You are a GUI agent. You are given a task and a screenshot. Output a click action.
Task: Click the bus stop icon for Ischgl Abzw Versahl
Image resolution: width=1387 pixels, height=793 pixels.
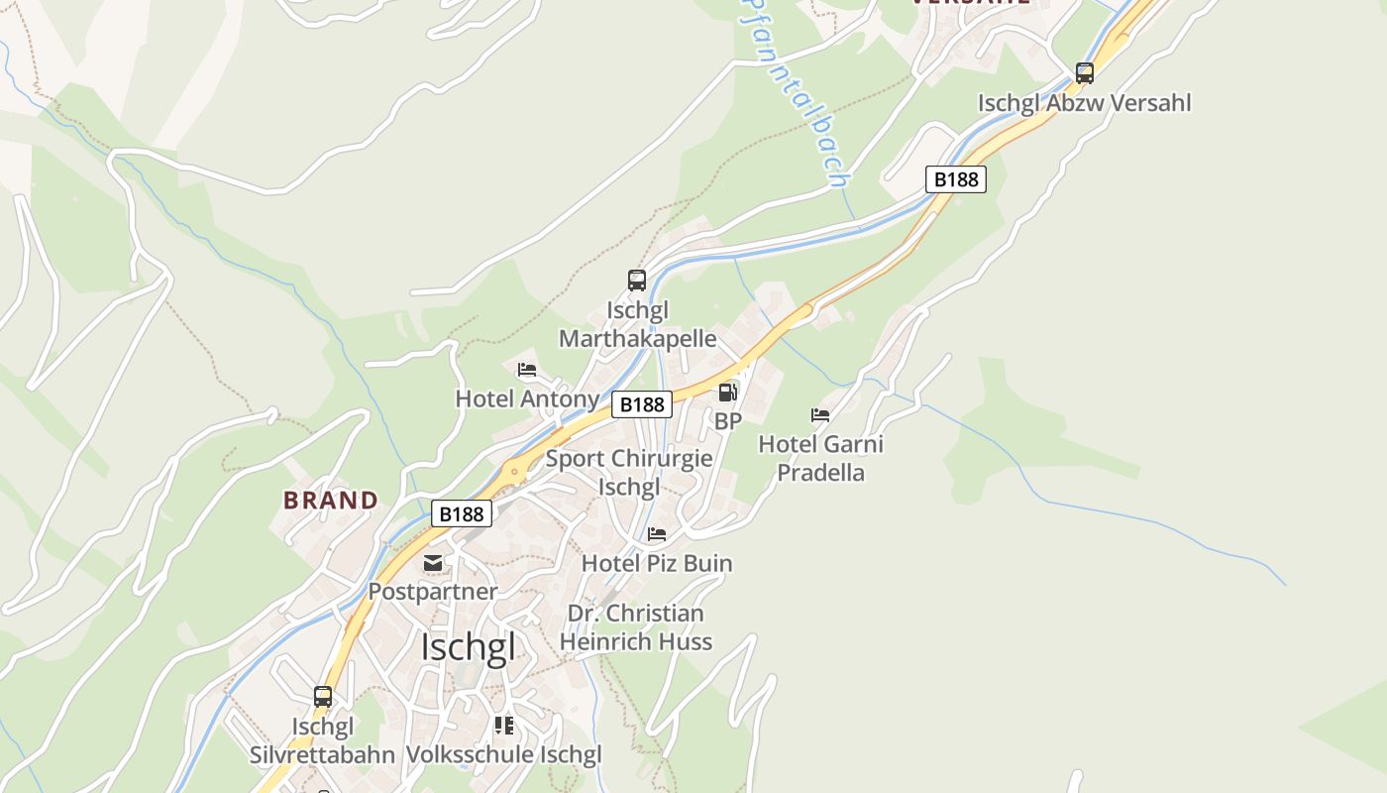[x=1085, y=72]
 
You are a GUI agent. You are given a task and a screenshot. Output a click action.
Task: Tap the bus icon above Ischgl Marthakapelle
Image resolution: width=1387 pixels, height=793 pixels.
[x=637, y=281]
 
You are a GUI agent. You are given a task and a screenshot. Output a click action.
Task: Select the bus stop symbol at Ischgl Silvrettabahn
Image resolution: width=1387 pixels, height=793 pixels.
[x=323, y=697]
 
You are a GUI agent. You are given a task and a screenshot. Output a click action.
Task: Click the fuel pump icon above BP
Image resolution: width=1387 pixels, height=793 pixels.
[x=728, y=393]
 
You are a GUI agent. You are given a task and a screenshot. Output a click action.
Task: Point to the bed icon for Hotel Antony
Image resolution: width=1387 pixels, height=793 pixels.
[x=527, y=370]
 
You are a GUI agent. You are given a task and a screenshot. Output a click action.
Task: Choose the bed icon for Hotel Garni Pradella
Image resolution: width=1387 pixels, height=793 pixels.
[x=820, y=414]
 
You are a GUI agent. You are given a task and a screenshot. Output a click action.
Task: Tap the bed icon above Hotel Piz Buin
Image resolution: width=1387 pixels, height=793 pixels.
[x=657, y=534]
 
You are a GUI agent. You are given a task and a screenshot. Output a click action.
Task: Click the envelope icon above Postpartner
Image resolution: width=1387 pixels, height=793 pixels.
[x=433, y=563]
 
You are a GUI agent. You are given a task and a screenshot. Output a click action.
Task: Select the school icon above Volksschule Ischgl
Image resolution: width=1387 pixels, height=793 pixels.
[x=504, y=726]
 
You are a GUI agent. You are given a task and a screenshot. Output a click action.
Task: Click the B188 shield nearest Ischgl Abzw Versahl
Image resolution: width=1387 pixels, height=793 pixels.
[x=956, y=178]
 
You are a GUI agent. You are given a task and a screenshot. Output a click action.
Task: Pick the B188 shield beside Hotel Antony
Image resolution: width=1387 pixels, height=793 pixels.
[x=642, y=404]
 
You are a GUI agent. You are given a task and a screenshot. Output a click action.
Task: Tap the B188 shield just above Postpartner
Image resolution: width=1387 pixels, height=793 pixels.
[x=462, y=513]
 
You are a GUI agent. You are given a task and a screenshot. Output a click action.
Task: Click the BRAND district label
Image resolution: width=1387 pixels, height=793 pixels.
[x=331, y=501]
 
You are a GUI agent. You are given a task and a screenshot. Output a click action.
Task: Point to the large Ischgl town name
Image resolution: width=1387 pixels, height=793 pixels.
[x=468, y=647]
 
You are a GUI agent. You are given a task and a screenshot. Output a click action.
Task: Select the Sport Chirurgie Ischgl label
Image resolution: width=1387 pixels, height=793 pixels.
[x=629, y=473]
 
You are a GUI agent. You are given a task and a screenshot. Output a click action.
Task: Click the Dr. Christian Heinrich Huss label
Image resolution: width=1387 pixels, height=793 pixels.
[x=636, y=627]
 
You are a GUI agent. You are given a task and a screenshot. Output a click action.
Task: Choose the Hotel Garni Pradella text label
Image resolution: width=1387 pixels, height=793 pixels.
[x=820, y=458]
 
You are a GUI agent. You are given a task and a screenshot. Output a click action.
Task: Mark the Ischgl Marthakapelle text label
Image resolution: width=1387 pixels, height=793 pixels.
[x=637, y=324]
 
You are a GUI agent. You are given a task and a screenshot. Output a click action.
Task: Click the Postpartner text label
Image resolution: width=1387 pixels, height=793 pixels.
[x=433, y=592]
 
